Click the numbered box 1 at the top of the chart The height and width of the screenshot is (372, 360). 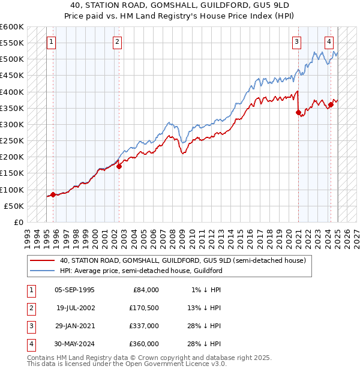click(52, 42)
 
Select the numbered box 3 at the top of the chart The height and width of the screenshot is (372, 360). click(297, 42)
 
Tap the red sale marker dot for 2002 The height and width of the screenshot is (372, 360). click(119, 166)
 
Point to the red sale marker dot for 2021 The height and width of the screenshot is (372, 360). click(298, 112)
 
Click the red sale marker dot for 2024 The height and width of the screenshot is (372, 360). click(331, 105)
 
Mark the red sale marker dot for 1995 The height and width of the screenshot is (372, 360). click(53, 194)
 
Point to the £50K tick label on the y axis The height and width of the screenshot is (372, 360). click(14, 206)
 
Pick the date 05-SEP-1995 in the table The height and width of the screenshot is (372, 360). click(74, 290)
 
